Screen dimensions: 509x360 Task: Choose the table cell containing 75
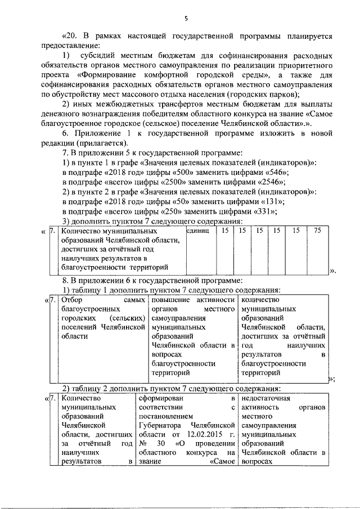(x=317, y=231)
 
